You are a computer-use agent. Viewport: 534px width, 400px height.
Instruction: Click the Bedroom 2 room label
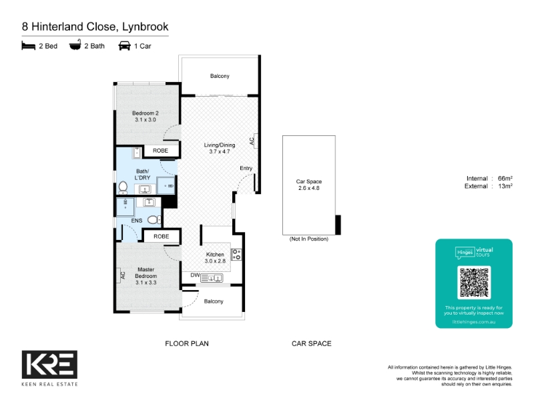(146, 116)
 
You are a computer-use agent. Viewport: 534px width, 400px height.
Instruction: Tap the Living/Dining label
(220, 148)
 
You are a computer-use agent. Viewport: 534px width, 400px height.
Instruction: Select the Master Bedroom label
(146, 276)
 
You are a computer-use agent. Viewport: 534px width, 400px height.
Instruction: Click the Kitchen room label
(215, 258)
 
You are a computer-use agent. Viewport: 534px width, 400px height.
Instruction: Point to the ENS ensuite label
(137, 221)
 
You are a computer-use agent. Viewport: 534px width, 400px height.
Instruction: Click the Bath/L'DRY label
(142, 175)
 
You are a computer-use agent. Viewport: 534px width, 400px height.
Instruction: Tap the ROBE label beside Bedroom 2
(160, 151)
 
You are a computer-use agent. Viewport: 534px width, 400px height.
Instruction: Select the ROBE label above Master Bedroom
(161, 237)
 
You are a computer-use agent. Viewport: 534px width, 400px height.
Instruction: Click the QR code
(474, 283)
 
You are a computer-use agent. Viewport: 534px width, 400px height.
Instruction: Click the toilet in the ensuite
(154, 220)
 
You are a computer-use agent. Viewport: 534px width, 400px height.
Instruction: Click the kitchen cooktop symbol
(236, 255)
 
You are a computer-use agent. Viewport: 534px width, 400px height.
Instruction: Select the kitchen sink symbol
(212, 278)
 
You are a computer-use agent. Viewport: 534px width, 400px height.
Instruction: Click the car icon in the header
(124, 46)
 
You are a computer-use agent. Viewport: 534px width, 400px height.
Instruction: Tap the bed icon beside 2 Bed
(28, 46)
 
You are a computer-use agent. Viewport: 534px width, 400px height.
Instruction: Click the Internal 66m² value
(505, 178)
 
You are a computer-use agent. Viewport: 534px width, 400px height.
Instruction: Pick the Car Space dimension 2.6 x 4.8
(308, 188)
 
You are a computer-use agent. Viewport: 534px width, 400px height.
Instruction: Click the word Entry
(246, 169)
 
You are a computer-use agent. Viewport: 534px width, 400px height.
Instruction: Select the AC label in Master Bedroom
(123, 275)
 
